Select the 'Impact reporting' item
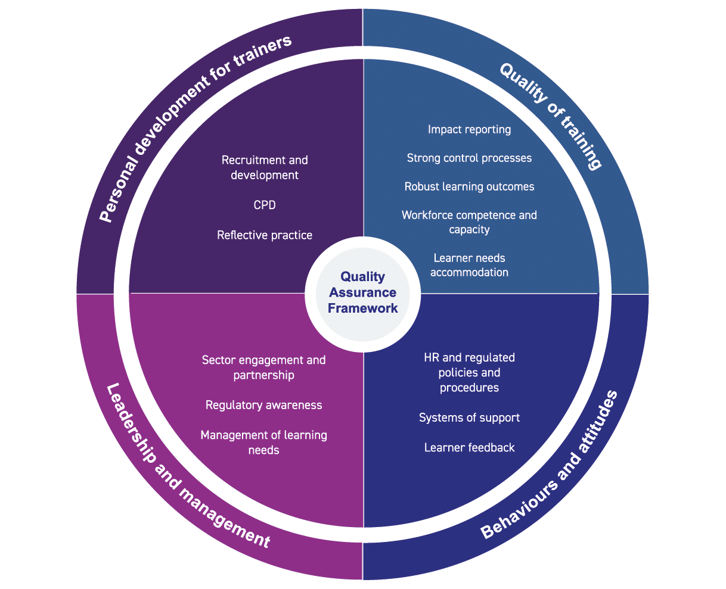point(469,129)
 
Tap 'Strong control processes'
point(469,158)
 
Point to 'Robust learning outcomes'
point(469,186)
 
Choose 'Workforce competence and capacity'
point(469,222)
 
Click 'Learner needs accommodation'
point(469,265)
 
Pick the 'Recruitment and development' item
point(265,167)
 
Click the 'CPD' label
point(265,205)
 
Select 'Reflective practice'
point(265,235)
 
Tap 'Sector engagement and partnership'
point(263,367)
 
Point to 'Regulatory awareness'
point(263,405)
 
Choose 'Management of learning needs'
point(263,442)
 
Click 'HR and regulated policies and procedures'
point(469,372)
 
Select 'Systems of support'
point(469,417)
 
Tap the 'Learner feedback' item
point(469,447)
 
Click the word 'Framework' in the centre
point(362,308)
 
